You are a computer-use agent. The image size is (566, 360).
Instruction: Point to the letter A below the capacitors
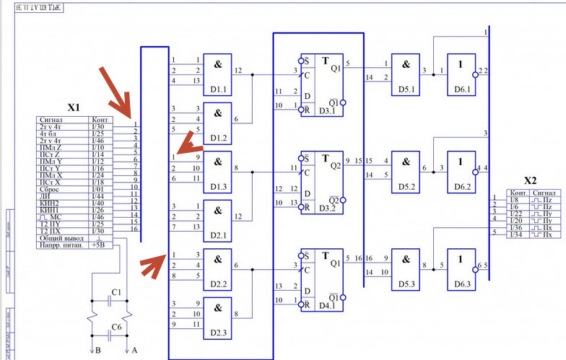(133, 351)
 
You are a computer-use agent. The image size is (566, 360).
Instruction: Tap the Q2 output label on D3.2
(334, 165)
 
